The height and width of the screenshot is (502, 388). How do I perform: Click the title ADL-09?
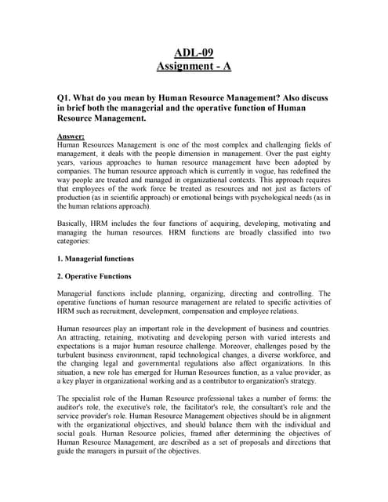pyautogui.click(x=194, y=53)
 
